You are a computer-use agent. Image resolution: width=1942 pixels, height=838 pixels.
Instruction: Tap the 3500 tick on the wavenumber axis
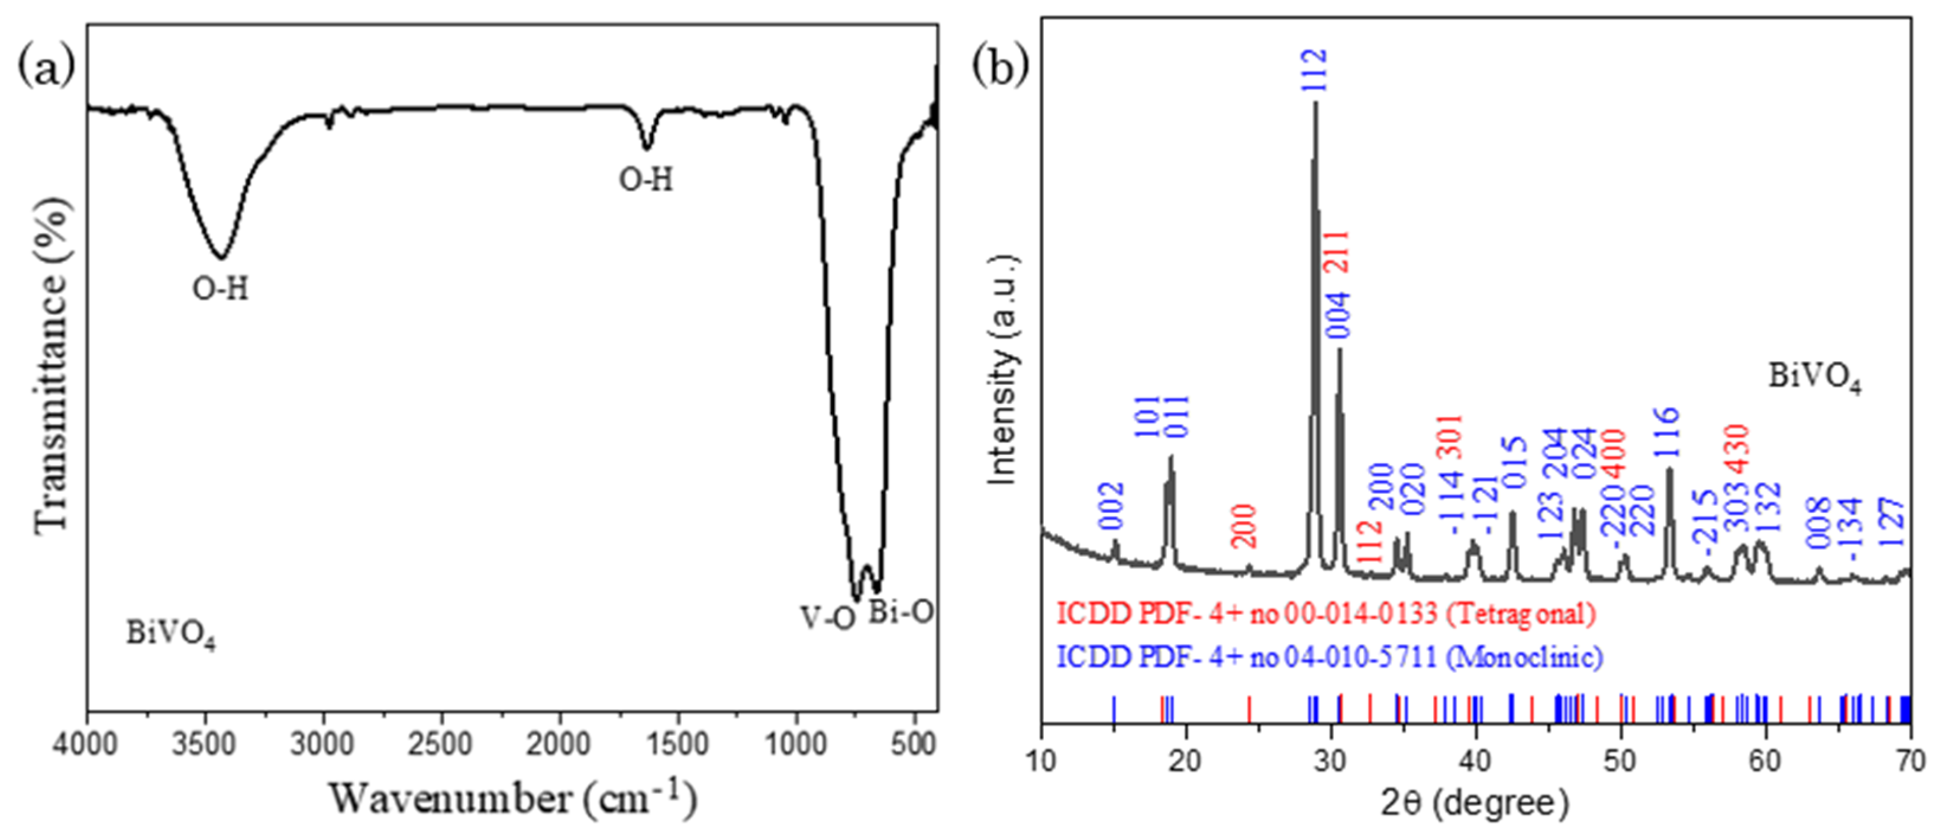(x=204, y=745)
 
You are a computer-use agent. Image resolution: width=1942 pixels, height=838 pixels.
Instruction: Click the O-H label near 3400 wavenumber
(x=220, y=289)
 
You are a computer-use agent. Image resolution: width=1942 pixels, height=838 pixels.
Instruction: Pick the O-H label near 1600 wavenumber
(x=646, y=180)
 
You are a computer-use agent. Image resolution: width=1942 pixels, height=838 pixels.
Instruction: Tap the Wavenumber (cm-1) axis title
(x=512, y=798)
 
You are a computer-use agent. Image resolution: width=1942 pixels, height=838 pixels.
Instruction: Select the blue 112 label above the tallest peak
(x=1315, y=70)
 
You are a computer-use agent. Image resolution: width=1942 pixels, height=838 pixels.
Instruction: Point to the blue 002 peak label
(x=1114, y=506)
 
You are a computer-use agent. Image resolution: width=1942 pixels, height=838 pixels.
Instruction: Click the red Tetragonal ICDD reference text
(x=1326, y=613)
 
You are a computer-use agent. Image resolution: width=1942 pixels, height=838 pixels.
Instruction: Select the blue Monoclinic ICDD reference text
(x=1330, y=657)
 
